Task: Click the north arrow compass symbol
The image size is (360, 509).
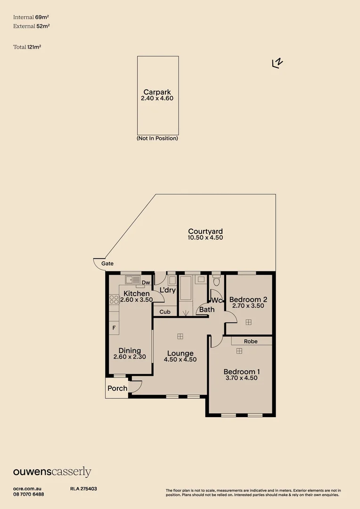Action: click(x=277, y=63)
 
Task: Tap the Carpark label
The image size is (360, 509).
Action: click(x=157, y=92)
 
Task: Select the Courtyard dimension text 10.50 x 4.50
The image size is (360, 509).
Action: click(x=205, y=238)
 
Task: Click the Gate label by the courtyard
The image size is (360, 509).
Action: click(x=107, y=263)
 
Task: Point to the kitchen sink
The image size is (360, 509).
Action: click(x=132, y=280)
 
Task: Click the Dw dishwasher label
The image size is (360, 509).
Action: click(x=146, y=282)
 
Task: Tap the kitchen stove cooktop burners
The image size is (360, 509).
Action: click(x=114, y=299)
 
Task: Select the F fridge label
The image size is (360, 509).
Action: click(x=114, y=328)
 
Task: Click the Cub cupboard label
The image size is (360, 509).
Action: click(x=165, y=312)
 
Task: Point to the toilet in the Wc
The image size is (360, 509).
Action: click(x=217, y=281)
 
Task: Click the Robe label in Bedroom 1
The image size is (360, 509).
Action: click(x=251, y=342)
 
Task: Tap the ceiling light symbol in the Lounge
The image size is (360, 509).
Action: click(x=180, y=337)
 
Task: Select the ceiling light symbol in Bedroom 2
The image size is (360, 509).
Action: click(x=248, y=322)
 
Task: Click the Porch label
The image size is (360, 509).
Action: click(x=117, y=388)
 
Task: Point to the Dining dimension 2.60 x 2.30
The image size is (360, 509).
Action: click(x=130, y=357)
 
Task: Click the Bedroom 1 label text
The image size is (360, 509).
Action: click(x=242, y=372)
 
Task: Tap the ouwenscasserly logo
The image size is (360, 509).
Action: click(x=52, y=472)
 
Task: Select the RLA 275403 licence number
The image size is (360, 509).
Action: click(x=83, y=489)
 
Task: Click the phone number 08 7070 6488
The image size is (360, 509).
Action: click(x=29, y=494)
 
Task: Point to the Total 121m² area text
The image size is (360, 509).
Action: click(x=27, y=47)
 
